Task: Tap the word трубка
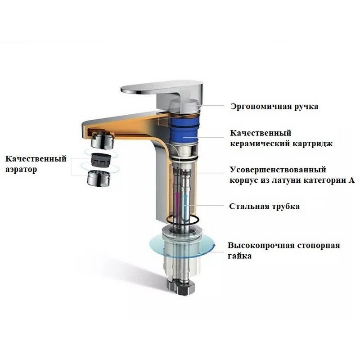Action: tap(285, 207)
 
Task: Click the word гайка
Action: tap(240, 256)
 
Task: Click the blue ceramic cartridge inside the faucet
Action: tap(185, 128)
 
